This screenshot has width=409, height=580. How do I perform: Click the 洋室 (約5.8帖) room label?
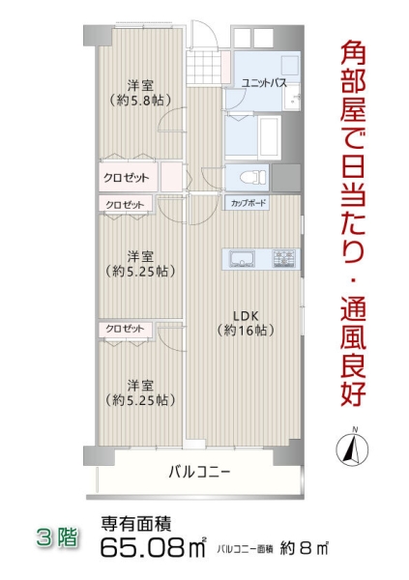click(x=141, y=92)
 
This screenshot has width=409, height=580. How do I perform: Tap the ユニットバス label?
click(x=263, y=83)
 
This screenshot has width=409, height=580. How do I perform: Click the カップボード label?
click(x=248, y=204)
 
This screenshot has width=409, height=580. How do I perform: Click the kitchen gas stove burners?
click(x=285, y=258)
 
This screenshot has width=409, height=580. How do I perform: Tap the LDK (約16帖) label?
click(x=244, y=322)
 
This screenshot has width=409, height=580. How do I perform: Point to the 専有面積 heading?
click(x=136, y=525)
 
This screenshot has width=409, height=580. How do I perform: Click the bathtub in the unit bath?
click(x=256, y=134)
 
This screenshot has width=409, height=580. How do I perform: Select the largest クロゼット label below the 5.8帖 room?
click(x=127, y=179)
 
